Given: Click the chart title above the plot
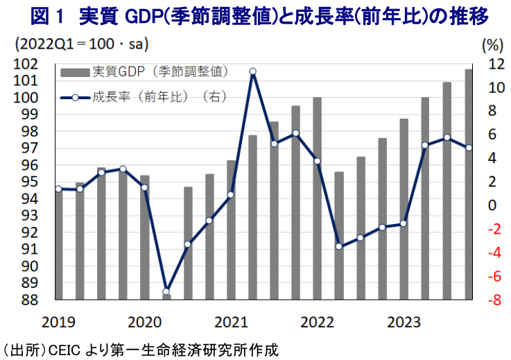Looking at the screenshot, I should coord(255,14).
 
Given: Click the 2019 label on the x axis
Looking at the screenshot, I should coord(58,323).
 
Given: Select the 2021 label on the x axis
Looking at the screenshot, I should coord(232,323).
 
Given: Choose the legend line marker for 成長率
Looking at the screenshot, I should coord(76,97).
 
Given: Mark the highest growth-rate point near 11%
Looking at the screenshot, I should coord(253,71).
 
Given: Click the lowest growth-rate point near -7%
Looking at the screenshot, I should coord(166,291).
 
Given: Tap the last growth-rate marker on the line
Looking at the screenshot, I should coord(469,147).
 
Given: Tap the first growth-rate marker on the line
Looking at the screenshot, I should coord(58,189).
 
